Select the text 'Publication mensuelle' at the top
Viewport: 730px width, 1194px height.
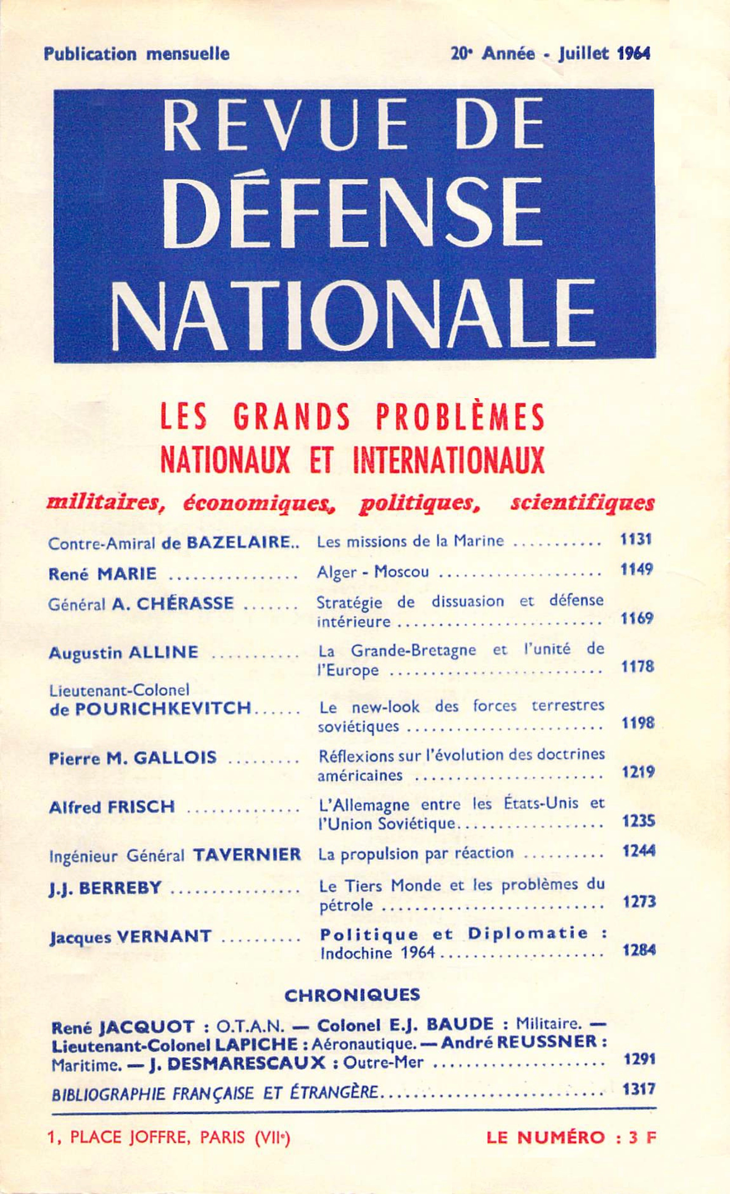tap(137, 53)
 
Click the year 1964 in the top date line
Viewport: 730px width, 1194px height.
tap(634, 53)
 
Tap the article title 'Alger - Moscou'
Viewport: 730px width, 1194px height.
tap(373, 572)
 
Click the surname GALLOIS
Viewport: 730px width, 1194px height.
tap(175, 757)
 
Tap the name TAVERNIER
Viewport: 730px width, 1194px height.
tap(247, 854)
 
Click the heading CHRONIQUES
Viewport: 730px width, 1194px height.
tap(352, 995)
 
